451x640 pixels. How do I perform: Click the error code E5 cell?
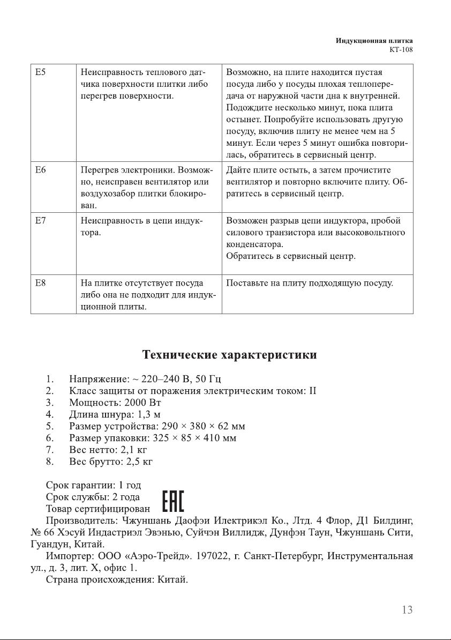point(39,72)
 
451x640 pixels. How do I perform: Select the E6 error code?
point(39,169)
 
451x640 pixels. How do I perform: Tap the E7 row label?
point(39,220)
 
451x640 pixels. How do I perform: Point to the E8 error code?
point(39,282)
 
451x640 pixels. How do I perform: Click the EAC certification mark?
point(173,502)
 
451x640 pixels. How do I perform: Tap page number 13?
point(407,609)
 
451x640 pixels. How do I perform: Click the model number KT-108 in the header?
point(401,49)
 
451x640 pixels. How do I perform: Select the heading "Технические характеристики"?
point(229,355)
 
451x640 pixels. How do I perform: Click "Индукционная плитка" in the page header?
point(374,41)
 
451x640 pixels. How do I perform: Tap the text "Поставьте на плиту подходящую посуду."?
point(310,282)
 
